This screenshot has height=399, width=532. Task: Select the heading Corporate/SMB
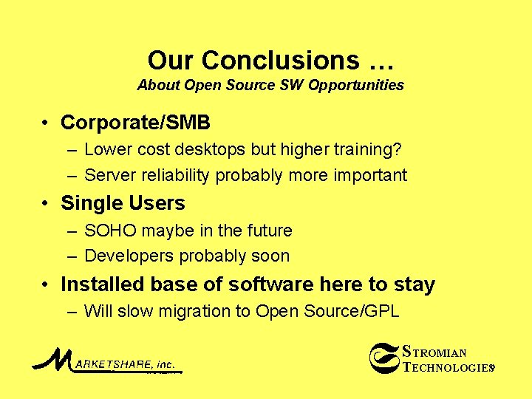tap(135, 122)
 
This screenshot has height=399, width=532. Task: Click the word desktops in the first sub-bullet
tap(210, 149)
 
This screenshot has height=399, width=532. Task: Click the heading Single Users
tap(123, 203)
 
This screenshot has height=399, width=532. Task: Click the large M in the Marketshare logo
tap(50, 359)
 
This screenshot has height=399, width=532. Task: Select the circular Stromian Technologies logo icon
tap(383, 358)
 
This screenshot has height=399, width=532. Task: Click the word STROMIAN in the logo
tap(434, 352)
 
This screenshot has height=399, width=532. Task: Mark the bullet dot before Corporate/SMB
tap(46, 123)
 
